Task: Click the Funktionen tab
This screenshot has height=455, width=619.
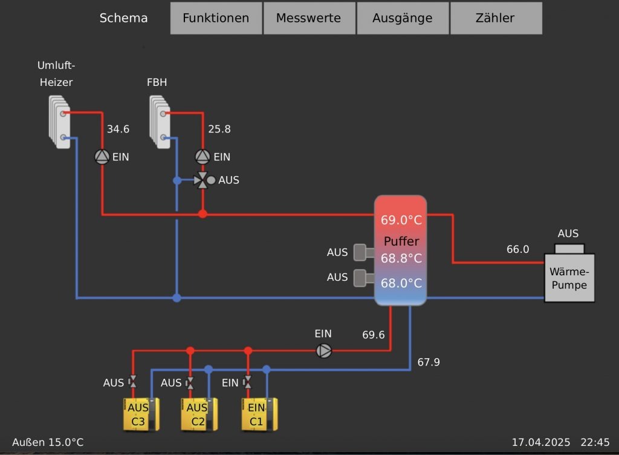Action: [x=216, y=18]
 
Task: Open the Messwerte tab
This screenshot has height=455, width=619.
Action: [x=308, y=18]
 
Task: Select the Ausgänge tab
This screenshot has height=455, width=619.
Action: [x=402, y=18]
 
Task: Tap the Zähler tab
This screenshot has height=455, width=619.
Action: [x=495, y=18]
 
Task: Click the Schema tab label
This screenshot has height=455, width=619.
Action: [x=123, y=18]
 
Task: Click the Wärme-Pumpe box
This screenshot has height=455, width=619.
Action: [x=569, y=278]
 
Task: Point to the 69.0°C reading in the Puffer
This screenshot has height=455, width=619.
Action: [x=400, y=220]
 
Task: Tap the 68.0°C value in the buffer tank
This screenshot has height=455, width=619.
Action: [x=400, y=283]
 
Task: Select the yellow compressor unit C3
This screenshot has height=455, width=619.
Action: [x=138, y=414]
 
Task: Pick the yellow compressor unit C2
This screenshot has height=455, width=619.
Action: [x=198, y=414]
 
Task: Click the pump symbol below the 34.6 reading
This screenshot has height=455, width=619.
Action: [x=102, y=157]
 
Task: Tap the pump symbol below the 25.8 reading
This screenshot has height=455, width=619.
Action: [x=203, y=157]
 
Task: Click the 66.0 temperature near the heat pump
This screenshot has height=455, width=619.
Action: [x=517, y=249]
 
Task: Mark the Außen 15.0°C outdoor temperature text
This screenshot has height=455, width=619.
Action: [x=48, y=442]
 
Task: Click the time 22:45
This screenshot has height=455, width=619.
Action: [x=595, y=442]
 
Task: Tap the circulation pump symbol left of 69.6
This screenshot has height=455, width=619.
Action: [x=325, y=350]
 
